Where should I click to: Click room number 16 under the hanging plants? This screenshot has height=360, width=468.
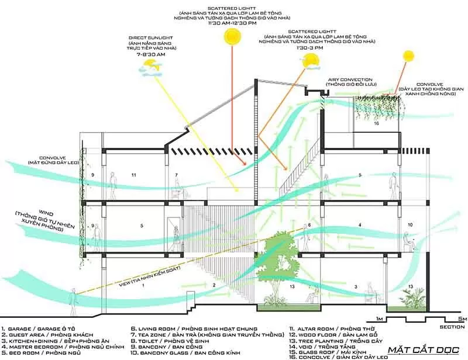click(377, 124)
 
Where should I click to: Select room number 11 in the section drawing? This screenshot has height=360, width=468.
click(134, 175)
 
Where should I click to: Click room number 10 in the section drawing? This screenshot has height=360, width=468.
click(410, 224)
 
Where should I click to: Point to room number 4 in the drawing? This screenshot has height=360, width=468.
click(360, 224)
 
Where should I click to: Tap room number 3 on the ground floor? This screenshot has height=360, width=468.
click(355, 287)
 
